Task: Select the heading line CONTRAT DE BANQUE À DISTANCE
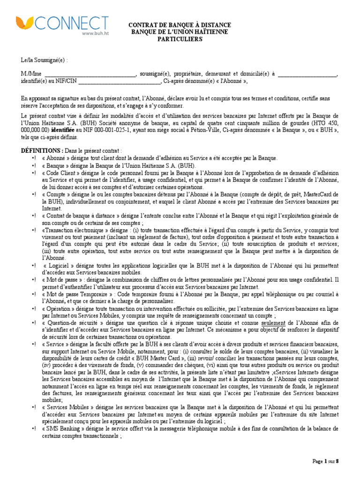pyautogui.click(x=180, y=26)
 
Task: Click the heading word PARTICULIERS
pyautogui.click(x=180, y=39)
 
